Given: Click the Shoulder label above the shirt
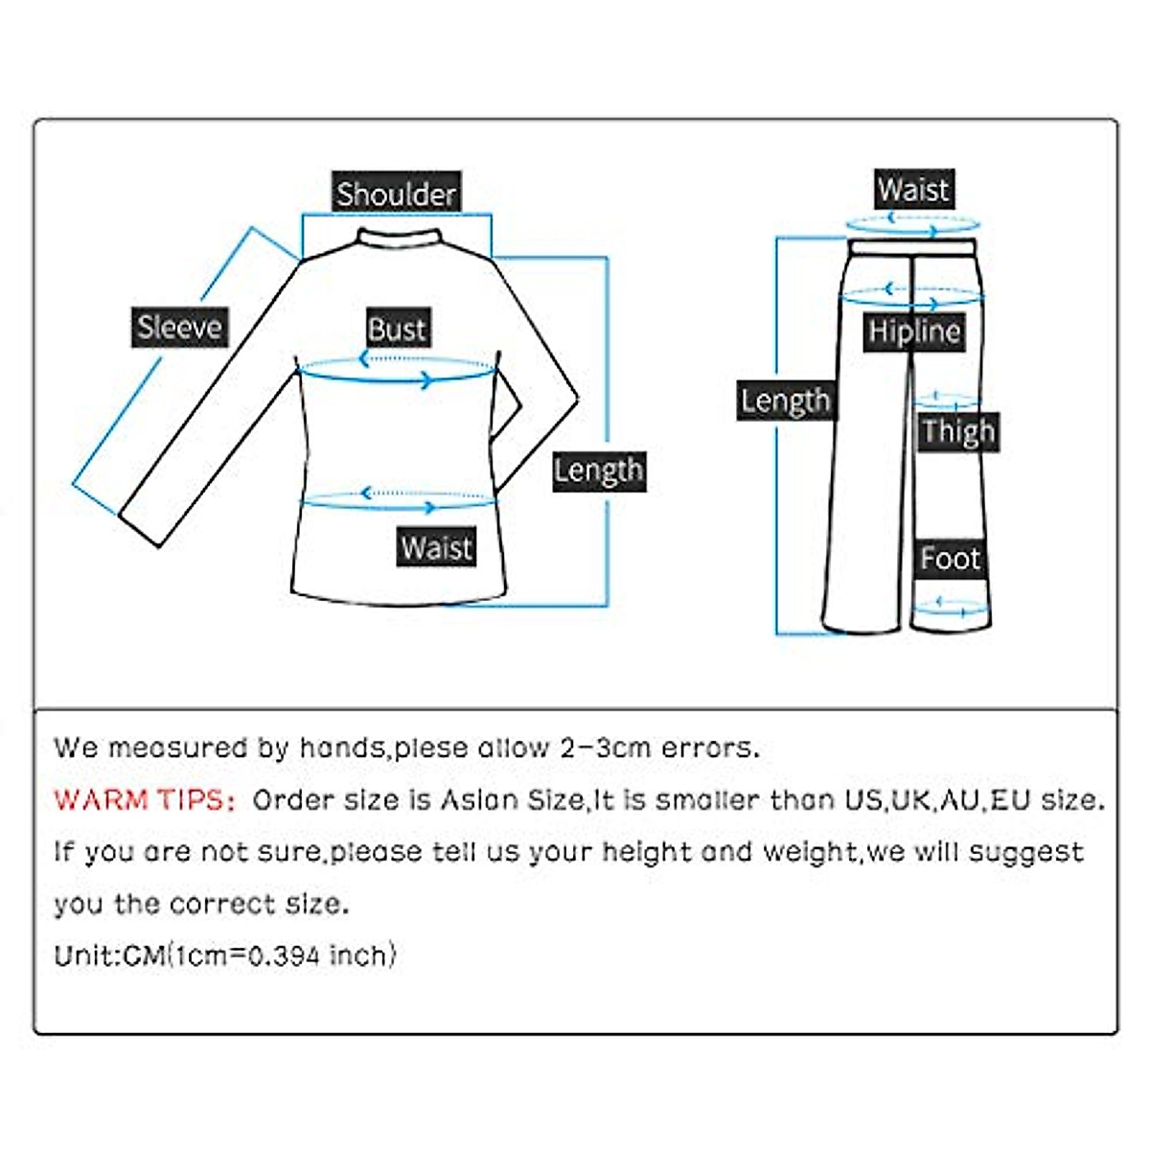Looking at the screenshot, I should [x=396, y=194].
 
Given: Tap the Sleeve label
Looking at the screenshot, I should [x=179, y=328].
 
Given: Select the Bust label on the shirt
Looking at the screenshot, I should [x=397, y=329].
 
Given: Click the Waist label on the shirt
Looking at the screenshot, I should [x=436, y=547].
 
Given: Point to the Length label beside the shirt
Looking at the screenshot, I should [x=598, y=471].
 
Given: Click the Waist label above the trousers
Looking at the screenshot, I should [x=913, y=189].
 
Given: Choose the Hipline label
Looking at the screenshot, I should [x=913, y=332].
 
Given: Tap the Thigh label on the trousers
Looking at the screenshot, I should [x=957, y=432].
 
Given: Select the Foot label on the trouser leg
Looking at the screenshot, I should [x=950, y=558].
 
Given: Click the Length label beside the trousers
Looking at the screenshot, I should [x=785, y=401].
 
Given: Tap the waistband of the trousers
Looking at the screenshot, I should [x=912, y=247].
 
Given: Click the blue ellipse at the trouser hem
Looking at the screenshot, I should [x=948, y=605].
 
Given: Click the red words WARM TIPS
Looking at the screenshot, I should [x=144, y=800].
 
